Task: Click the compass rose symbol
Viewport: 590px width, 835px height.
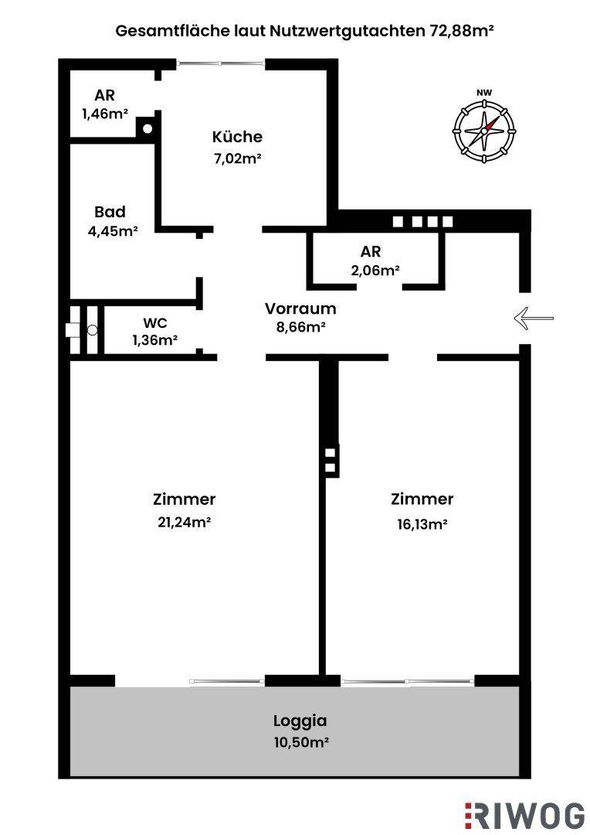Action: pos(484,130)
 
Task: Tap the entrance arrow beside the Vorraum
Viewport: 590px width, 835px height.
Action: pos(534,318)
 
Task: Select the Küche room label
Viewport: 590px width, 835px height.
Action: pos(237,137)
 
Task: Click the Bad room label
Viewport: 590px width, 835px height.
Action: pos(110,212)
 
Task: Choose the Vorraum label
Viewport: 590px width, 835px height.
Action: pos(300,308)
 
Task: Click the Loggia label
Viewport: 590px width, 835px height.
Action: pos(300,721)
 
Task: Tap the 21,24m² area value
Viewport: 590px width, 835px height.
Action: pos(184,522)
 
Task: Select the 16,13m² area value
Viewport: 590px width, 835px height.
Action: pos(422,523)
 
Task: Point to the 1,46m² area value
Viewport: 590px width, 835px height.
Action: pos(104,114)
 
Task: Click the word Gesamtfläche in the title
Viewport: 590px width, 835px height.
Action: pos(161,32)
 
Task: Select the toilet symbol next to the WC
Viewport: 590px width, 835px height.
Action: pos(92,330)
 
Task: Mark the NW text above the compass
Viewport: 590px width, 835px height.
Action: pos(484,94)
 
